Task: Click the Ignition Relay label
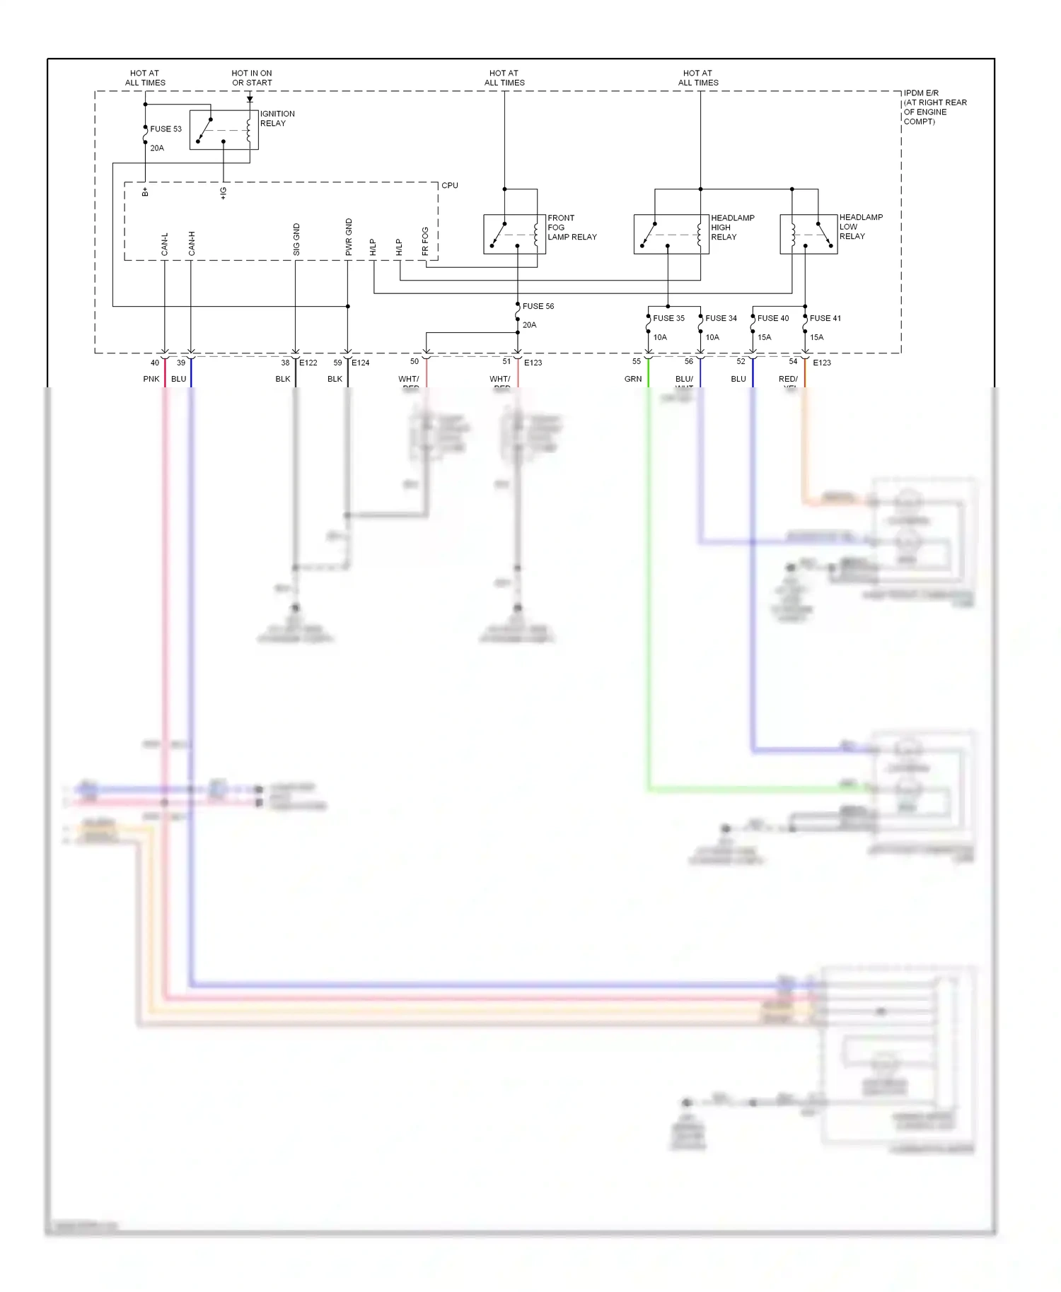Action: (277, 118)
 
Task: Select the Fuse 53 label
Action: (166, 129)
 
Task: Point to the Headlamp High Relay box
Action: (671, 234)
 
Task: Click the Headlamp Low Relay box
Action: (808, 234)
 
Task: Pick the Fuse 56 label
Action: (538, 306)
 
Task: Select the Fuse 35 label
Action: (668, 318)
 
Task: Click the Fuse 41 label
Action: (825, 318)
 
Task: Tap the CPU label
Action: (450, 185)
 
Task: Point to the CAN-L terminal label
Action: (165, 244)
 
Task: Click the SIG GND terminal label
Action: (296, 240)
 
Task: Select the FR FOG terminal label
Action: (425, 241)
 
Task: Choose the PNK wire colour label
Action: (151, 379)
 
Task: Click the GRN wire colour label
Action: (633, 379)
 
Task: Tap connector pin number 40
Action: (155, 363)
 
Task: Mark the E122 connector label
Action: (308, 363)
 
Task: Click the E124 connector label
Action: (361, 363)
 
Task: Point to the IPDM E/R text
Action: (921, 93)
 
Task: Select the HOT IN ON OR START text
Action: (252, 78)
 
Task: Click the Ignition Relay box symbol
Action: (224, 130)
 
